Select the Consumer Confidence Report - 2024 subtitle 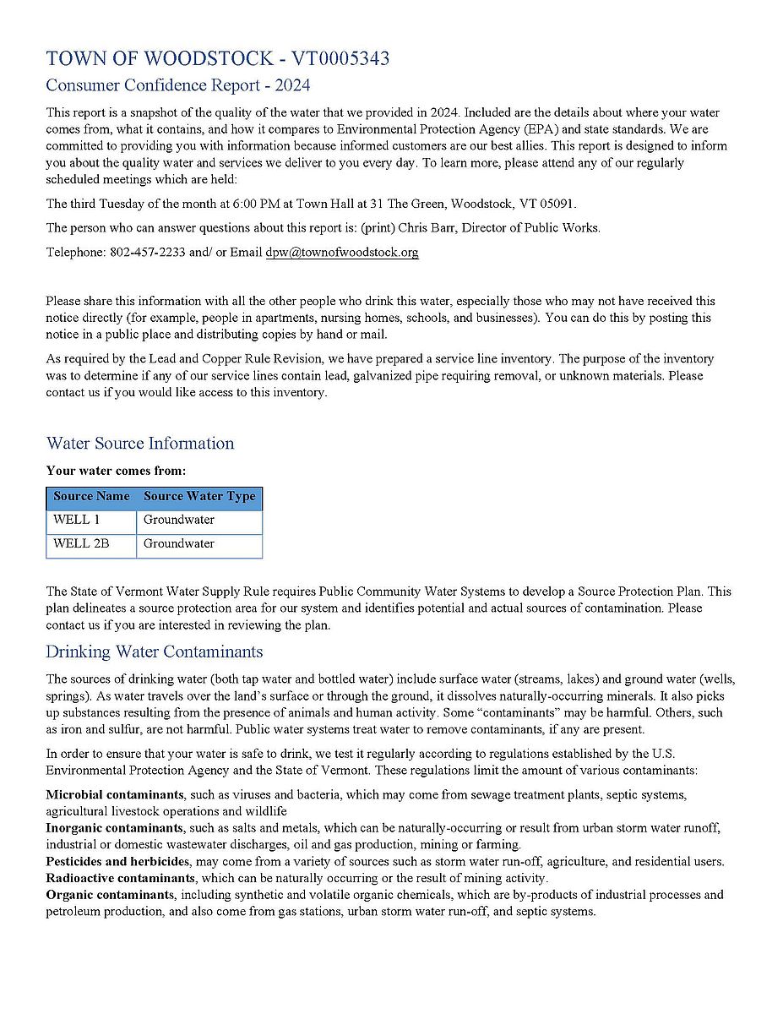click(177, 85)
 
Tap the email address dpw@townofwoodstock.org click(342, 252)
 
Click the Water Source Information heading click(140, 444)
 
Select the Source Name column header click(91, 496)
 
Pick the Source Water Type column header click(199, 496)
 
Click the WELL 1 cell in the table click(77, 520)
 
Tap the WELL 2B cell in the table click(81, 543)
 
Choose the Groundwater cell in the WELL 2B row click(179, 543)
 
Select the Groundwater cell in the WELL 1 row click(179, 520)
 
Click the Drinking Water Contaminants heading click(155, 651)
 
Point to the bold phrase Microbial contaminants click(115, 795)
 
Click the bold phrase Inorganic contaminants click(114, 827)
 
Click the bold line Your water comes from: click(116, 471)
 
